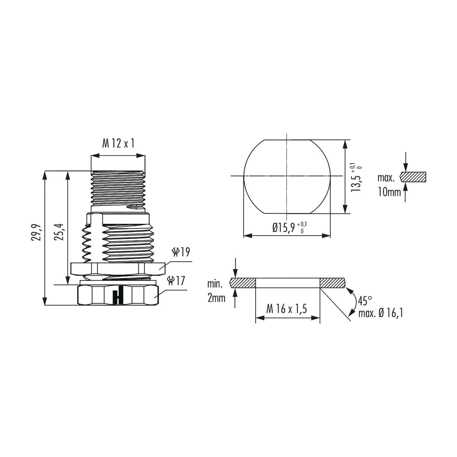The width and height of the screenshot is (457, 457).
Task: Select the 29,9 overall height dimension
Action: click(x=36, y=232)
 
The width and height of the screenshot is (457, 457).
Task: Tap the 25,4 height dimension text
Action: click(x=59, y=232)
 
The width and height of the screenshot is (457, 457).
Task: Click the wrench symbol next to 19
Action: click(x=175, y=252)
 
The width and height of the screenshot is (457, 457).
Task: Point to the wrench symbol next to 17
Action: click(x=171, y=280)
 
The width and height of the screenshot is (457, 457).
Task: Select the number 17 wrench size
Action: click(x=180, y=280)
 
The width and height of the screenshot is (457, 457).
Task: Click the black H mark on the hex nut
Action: click(x=118, y=295)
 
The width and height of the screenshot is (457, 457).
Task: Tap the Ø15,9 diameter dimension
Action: click(x=285, y=228)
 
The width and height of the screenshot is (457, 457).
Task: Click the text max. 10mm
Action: click(x=388, y=185)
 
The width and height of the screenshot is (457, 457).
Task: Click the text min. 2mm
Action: click(x=216, y=291)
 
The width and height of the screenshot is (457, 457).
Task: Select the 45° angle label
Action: click(x=365, y=301)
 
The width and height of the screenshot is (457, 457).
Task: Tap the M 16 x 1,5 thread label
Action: click(x=286, y=309)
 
